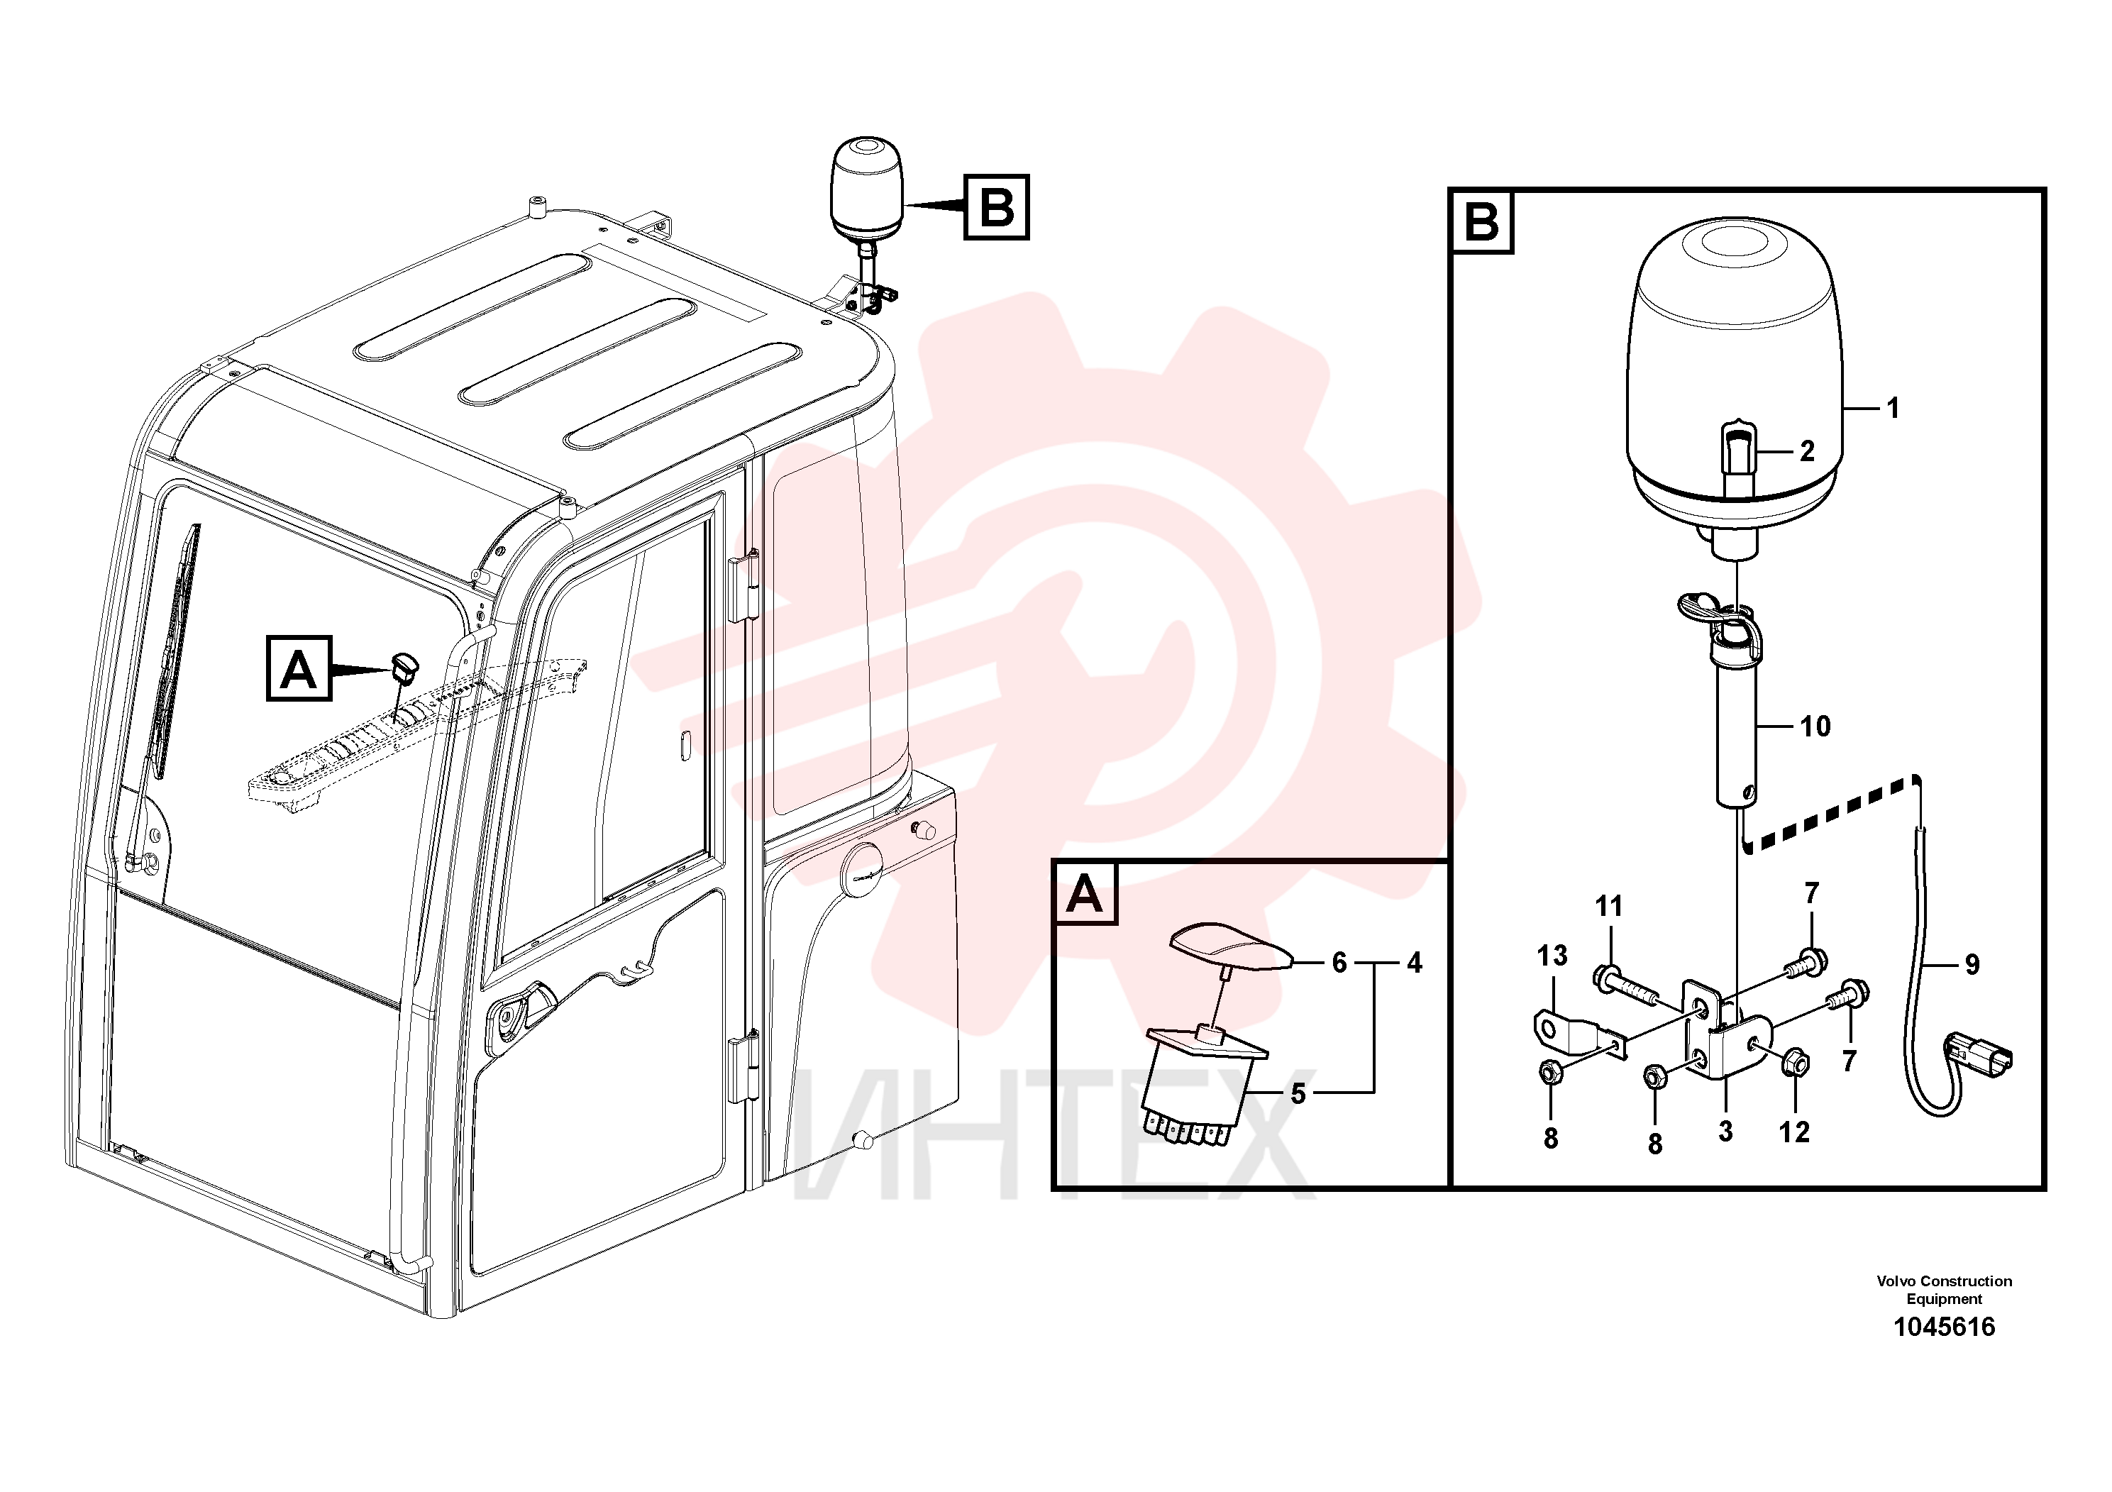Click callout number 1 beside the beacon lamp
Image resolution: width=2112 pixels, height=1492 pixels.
(x=1893, y=407)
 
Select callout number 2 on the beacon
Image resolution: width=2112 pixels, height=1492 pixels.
(x=1808, y=452)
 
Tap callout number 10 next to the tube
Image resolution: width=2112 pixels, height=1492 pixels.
(x=1815, y=726)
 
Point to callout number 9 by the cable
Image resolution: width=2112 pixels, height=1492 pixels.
(x=1972, y=964)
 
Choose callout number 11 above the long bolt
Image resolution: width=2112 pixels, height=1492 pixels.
(x=1609, y=907)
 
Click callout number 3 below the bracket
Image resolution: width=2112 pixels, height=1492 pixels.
(x=1725, y=1130)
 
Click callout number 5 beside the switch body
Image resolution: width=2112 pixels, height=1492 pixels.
(x=1298, y=1094)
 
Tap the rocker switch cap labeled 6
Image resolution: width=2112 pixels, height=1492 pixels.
(x=1231, y=949)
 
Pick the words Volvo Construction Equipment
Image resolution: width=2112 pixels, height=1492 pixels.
(x=1945, y=1290)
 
